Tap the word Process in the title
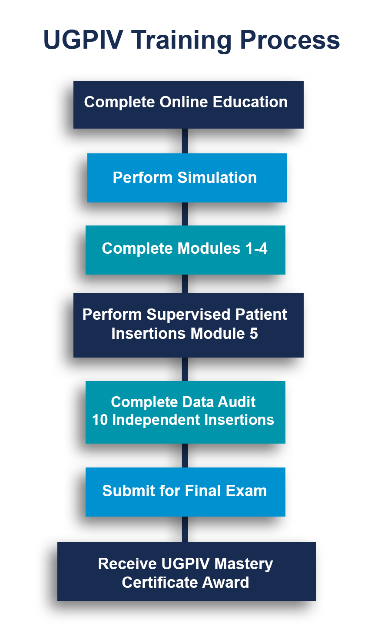(x=289, y=40)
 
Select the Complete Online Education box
(x=188, y=105)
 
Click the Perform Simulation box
(x=187, y=178)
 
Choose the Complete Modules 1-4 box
(x=185, y=250)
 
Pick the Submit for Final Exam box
(x=185, y=492)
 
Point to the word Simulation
(x=217, y=178)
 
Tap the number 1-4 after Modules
(x=256, y=249)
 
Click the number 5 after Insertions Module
(x=253, y=334)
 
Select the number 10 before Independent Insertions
(x=99, y=420)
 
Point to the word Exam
(x=248, y=491)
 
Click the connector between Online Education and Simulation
(x=185, y=141)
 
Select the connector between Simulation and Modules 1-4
(x=185, y=214)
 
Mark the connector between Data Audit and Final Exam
(x=185, y=455)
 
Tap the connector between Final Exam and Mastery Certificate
(x=185, y=529)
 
